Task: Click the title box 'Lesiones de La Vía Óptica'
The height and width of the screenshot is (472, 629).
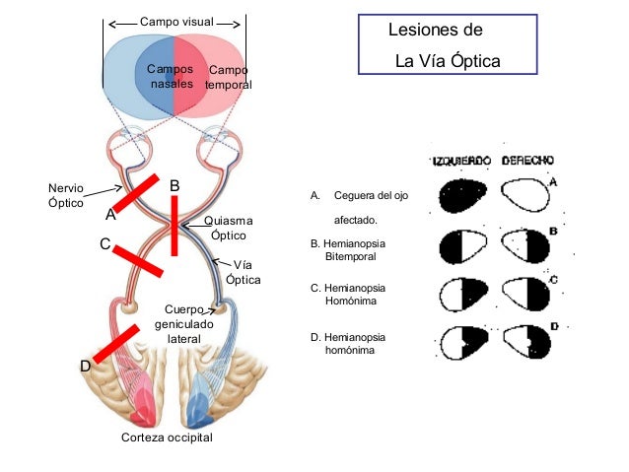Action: click(x=448, y=45)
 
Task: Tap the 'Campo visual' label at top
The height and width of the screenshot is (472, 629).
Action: click(x=174, y=22)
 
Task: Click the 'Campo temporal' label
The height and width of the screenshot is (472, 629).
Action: click(x=229, y=78)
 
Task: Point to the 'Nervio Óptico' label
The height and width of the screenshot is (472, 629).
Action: click(x=66, y=194)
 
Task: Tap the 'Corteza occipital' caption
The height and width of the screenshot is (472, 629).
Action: click(x=167, y=437)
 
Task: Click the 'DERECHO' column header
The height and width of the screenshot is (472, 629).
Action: click(x=527, y=160)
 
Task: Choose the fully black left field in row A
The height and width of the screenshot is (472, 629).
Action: click(x=463, y=194)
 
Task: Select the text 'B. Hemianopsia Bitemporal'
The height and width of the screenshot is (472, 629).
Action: click(x=347, y=248)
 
